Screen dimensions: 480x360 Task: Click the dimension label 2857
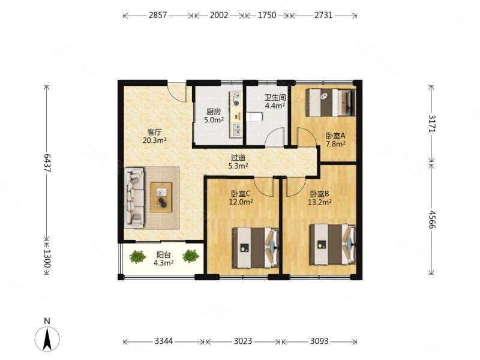click(158, 15)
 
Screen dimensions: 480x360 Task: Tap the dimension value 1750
click(267, 15)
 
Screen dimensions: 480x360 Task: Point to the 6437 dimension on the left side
click(47, 163)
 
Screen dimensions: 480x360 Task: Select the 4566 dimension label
click(432, 219)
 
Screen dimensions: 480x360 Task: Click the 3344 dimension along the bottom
click(164, 341)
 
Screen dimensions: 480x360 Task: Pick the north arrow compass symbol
click(47, 335)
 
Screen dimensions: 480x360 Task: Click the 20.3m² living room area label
click(154, 140)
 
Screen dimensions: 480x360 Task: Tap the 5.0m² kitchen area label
click(214, 120)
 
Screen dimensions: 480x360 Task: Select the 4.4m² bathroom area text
click(275, 106)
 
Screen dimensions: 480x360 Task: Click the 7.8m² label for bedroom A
click(335, 143)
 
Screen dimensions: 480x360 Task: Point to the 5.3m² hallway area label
click(238, 166)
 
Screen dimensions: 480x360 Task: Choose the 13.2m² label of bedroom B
click(320, 202)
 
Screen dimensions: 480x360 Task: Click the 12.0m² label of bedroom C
click(241, 202)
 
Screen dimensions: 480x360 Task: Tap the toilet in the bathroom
click(254, 116)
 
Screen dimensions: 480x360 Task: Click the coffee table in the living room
click(161, 197)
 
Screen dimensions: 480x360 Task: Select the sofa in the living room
click(134, 198)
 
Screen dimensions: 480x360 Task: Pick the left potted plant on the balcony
click(137, 257)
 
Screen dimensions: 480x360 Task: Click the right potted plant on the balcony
click(191, 256)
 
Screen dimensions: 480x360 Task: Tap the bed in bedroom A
click(331, 103)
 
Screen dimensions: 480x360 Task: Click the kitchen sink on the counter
click(236, 130)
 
